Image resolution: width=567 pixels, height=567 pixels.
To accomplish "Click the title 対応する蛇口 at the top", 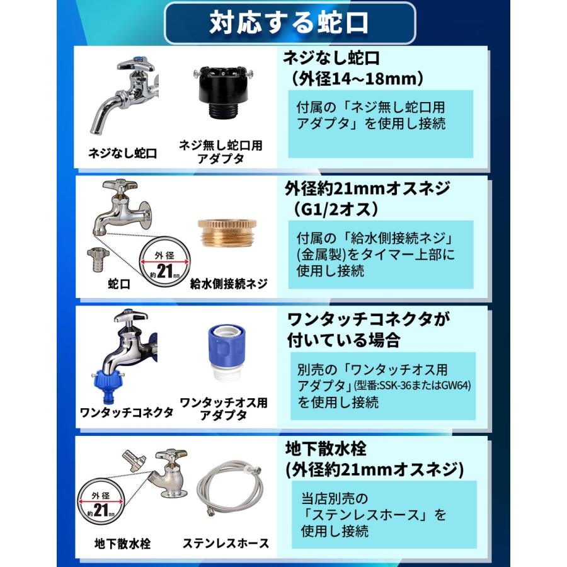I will [289, 23].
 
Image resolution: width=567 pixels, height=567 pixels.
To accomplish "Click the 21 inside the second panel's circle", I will [163, 272].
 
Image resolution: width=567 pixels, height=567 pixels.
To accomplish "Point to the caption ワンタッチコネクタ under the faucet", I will [127, 413].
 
